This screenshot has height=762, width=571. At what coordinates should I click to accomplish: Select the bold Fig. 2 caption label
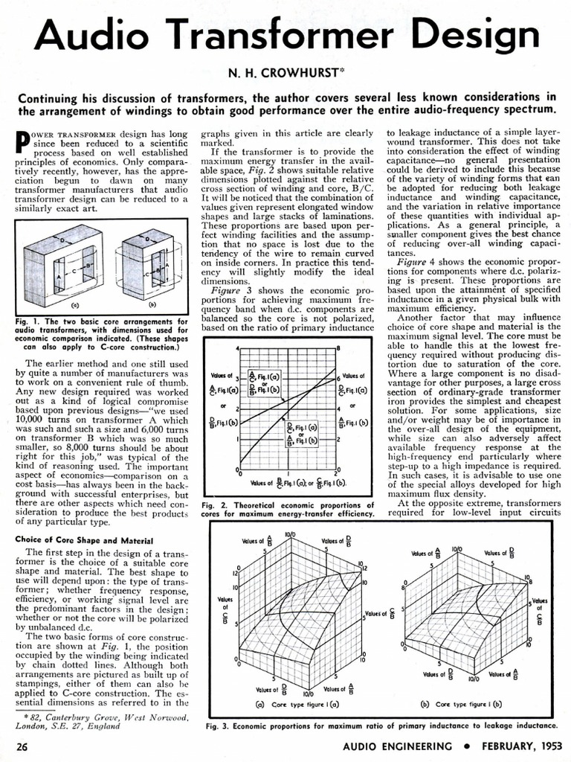[x=215, y=505]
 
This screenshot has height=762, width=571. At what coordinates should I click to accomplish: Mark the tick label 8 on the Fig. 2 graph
[x=338, y=348]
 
